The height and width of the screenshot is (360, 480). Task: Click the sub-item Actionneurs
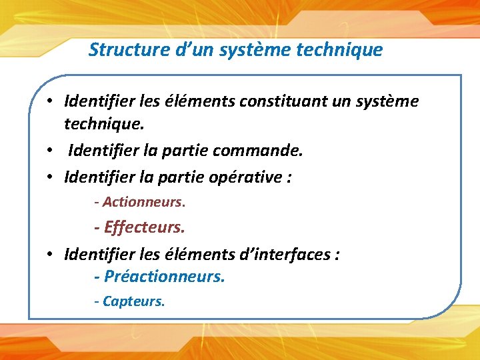143,201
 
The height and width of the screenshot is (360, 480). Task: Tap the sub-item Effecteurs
144,227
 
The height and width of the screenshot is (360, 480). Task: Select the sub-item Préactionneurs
164,275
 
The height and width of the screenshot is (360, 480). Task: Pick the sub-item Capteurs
133,301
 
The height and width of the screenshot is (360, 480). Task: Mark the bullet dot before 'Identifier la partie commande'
50,151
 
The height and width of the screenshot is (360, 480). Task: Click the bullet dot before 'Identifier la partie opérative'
50,177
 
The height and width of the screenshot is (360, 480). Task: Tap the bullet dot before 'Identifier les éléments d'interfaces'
50,254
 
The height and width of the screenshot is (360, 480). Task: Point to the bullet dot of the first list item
50,102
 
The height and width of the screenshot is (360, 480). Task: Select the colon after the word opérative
289,178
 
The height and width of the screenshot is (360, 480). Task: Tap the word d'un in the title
189,49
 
